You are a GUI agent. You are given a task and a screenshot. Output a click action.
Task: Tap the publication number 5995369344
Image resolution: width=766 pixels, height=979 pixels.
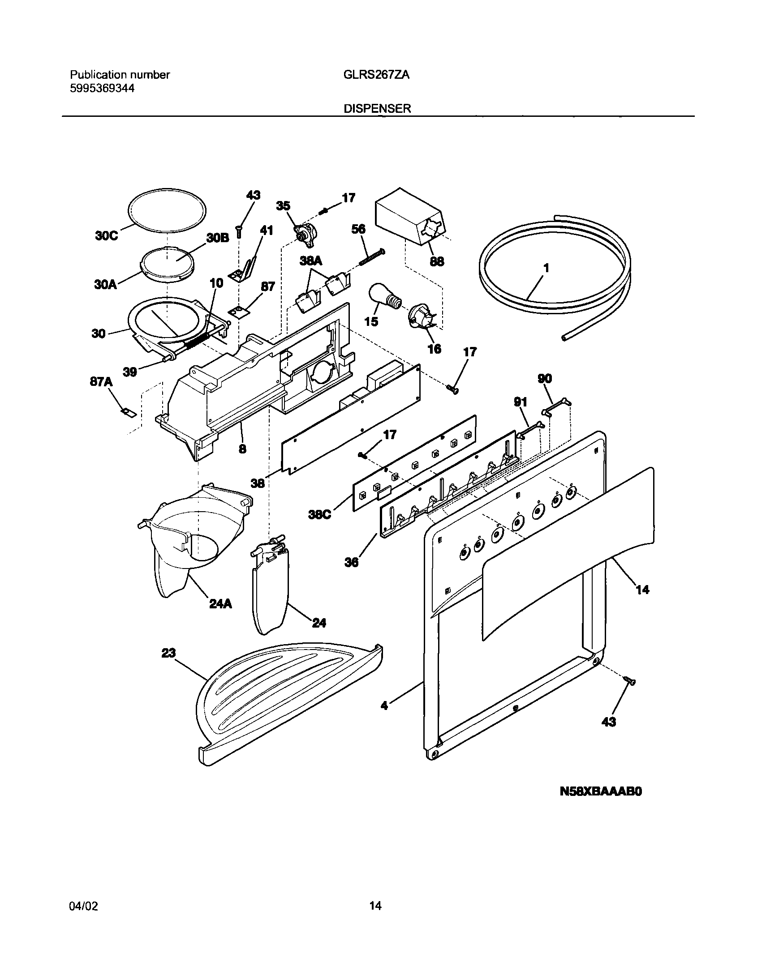click(102, 88)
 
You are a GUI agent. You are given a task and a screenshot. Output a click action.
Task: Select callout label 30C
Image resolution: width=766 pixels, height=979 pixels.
click(106, 236)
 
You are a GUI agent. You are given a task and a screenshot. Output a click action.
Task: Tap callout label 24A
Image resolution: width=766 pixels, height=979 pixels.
click(220, 604)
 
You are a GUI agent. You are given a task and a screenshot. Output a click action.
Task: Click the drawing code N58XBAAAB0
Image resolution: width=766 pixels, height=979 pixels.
click(601, 804)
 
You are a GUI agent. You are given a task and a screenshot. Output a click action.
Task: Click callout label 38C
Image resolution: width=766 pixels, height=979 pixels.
click(319, 515)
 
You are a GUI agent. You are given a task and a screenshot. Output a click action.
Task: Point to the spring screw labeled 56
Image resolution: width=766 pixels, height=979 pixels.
click(372, 258)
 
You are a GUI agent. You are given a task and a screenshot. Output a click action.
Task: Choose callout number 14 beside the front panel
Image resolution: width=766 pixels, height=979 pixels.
click(642, 590)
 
